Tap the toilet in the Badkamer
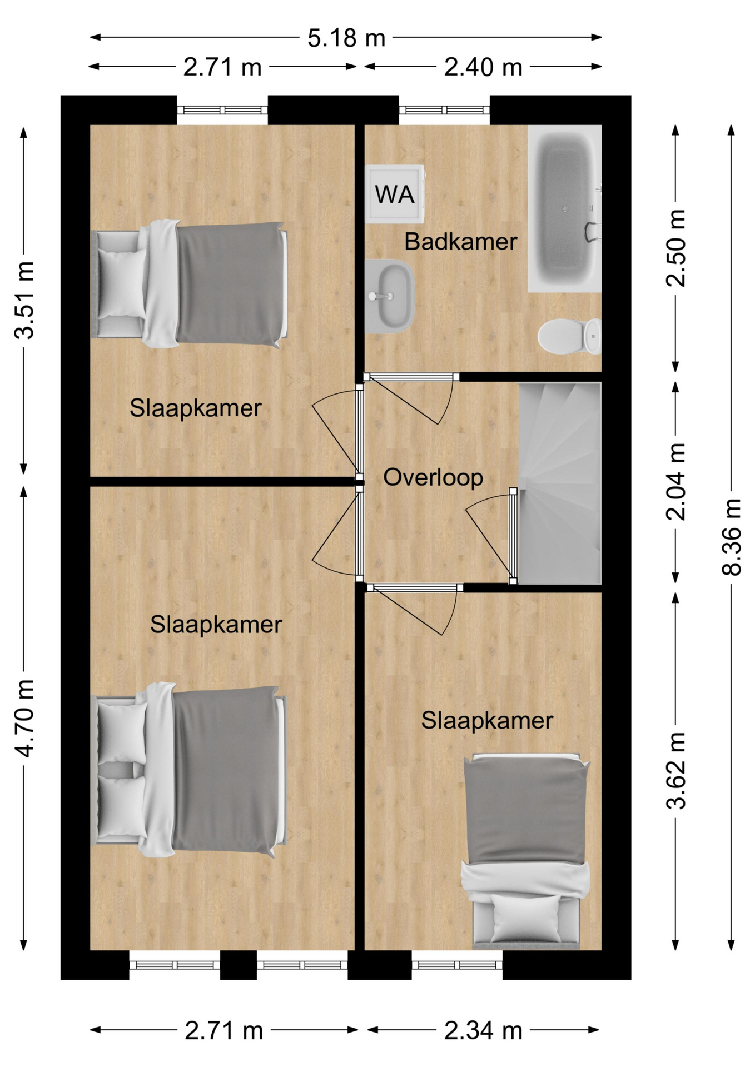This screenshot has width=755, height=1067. [570, 336]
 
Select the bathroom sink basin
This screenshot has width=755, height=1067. [389, 296]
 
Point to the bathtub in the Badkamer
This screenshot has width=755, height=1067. [565, 208]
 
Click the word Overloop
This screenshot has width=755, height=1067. [433, 477]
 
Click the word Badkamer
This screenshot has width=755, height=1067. [460, 242]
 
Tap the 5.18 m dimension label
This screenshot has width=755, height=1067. [346, 38]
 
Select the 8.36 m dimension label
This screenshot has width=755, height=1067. [732, 537]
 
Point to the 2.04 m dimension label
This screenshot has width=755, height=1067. [676, 482]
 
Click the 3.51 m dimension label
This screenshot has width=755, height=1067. [24, 300]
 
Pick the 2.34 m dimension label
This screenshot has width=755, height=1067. [483, 1031]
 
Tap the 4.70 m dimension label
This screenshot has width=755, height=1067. [24, 718]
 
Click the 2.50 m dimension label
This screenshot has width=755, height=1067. [676, 248]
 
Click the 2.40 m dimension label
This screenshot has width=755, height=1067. [483, 67]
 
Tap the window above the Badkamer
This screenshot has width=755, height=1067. [444, 110]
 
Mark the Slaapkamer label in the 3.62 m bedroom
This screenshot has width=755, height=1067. [487, 721]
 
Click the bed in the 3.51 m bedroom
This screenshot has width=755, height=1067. [189, 285]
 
